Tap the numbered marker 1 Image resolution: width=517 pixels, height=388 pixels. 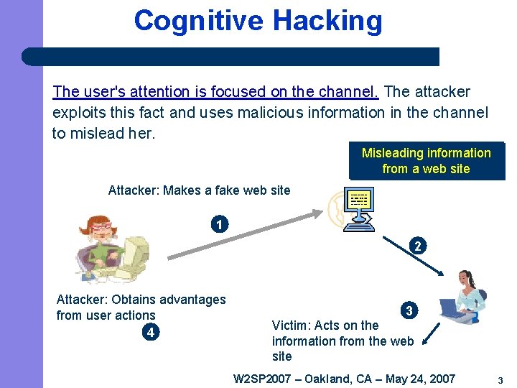tap(219, 224)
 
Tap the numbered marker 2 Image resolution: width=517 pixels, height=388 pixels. tap(417, 246)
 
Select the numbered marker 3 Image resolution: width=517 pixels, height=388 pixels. tap(409, 311)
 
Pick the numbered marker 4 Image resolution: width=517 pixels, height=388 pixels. tap(149, 333)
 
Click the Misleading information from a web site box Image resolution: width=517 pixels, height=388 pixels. tap(426, 161)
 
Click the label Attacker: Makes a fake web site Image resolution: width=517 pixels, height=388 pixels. tap(199, 190)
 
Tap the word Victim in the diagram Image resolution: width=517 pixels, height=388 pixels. tap(290, 325)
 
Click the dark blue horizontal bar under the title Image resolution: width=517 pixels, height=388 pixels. tap(230, 57)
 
